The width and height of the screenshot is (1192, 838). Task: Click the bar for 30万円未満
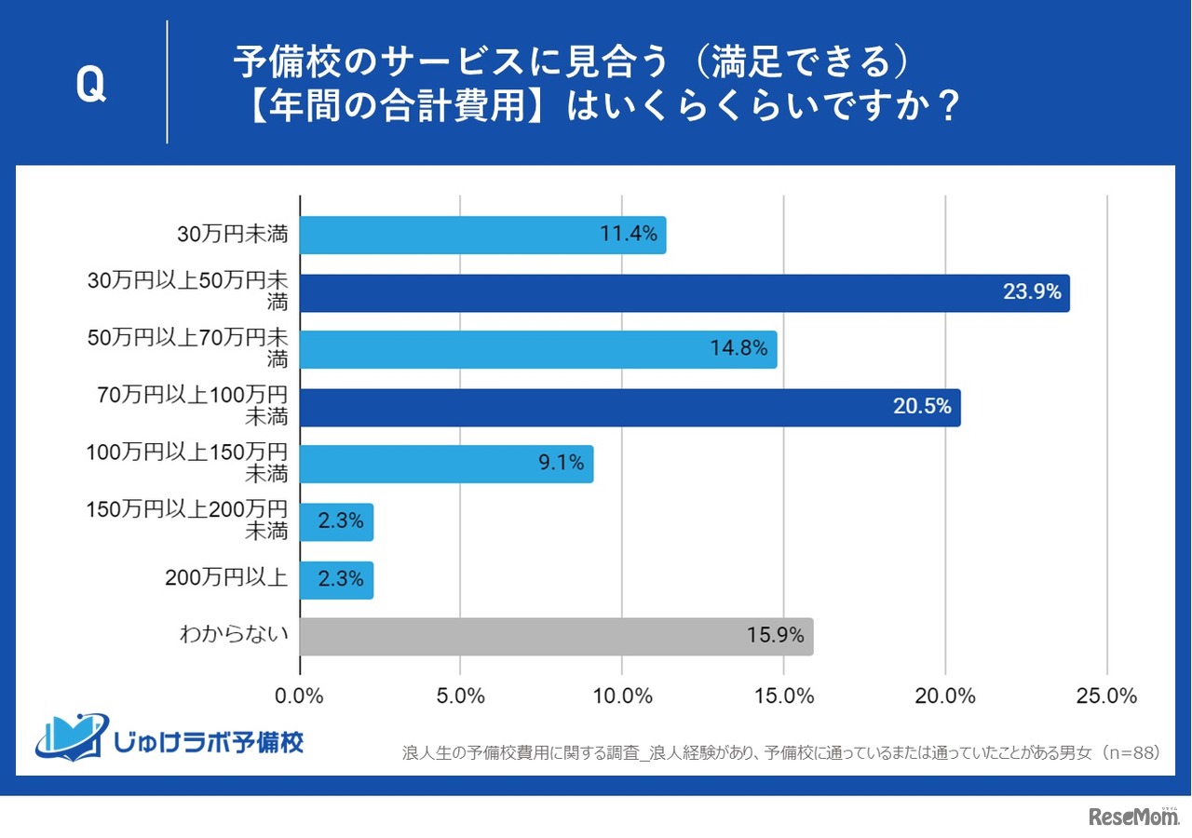pos(482,235)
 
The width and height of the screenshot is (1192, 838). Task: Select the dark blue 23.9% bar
pos(684,292)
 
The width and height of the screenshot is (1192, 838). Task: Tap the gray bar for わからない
pos(556,637)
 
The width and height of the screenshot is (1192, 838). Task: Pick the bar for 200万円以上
pos(336,580)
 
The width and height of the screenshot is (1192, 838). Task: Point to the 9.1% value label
pos(561,464)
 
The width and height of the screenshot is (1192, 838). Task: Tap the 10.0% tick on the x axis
pos(622,696)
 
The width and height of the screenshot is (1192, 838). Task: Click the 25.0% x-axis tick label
pos(1106,696)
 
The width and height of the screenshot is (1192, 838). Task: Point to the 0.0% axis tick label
pos(300,696)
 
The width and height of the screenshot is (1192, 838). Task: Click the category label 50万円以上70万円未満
pos(186,349)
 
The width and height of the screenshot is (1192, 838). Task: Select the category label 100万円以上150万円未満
pos(186,464)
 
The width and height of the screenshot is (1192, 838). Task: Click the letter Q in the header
pos(90,86)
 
